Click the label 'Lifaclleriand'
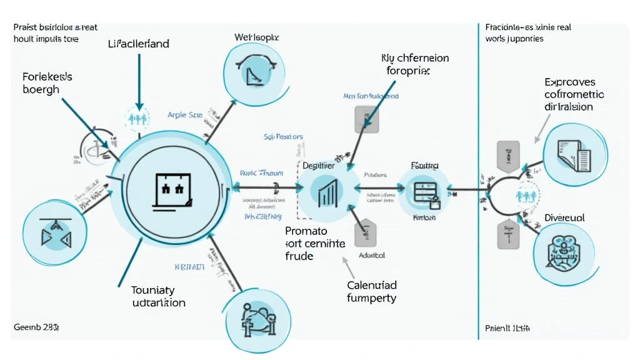(138, 44)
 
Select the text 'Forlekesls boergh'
(47, 83)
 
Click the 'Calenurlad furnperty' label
(371, 291)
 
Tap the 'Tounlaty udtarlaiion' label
(158, 296)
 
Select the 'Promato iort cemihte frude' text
(315, 244)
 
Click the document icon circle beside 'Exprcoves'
(574, 153)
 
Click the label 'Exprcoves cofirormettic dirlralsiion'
(574, 94)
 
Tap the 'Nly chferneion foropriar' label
(415, 64)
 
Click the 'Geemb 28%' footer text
(36, 327)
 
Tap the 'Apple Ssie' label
(186, 116)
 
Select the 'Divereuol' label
(564, 218)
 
